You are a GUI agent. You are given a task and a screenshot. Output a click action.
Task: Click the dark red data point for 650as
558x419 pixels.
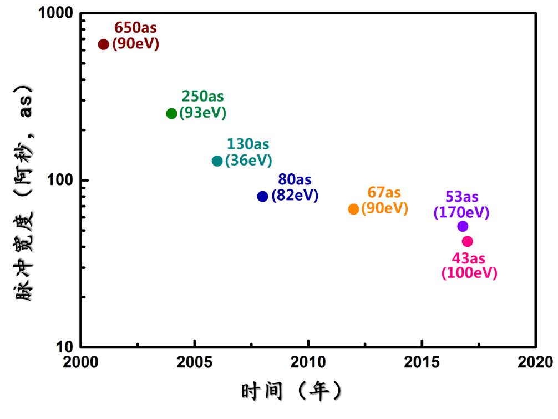click(x=103, y=44)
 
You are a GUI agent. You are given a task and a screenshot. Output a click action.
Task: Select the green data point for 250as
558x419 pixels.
click(x=171, y=113)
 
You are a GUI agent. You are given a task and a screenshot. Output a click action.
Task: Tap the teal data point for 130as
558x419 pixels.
click(x=217, y=161)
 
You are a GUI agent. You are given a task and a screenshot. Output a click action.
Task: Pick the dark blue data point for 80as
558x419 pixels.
click(x=262, y=196)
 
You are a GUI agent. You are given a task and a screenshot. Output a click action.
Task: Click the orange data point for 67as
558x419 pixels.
click(x=353, y=209)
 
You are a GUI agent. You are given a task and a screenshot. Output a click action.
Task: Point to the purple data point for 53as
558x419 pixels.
click(x=463, y=226)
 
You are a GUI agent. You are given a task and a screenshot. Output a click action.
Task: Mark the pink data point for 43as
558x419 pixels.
click(x=468, y=241)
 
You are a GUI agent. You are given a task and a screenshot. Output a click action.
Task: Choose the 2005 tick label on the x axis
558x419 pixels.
click(x=195, y=362)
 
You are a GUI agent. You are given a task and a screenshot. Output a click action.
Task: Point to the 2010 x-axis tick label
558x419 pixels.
click(x=308, y=362)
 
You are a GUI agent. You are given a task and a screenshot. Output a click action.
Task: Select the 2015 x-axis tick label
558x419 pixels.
click(x=422, y=362)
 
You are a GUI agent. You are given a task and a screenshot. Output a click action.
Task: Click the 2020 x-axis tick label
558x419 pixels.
click(x=536, y=362)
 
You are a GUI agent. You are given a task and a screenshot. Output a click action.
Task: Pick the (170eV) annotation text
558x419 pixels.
click(x=461, y=212)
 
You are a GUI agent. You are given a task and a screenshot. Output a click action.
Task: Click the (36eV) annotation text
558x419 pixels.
click(x=248, y=161)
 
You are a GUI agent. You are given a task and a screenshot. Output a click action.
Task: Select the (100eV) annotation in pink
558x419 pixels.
click(x=469, y=273)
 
